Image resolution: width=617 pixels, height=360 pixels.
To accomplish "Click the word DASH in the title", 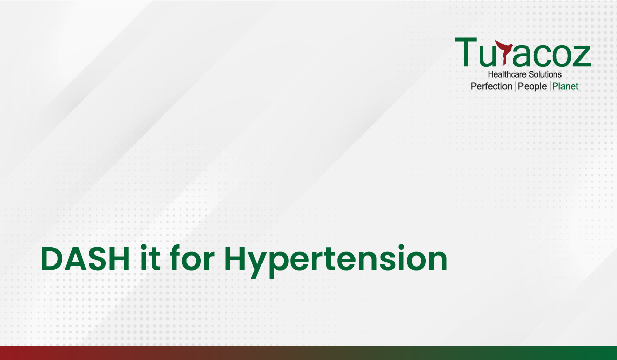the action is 85,259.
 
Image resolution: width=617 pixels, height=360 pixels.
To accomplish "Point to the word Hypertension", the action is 336,261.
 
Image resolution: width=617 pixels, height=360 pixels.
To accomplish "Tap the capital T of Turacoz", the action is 466,52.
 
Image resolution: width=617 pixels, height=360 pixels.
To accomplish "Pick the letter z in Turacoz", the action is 581,56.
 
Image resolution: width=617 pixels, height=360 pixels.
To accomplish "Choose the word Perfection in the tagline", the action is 492,86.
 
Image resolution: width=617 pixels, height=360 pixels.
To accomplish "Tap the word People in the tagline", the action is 532,86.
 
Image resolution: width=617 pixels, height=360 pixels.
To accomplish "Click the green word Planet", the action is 565,86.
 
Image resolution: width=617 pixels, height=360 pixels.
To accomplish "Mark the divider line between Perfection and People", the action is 515,86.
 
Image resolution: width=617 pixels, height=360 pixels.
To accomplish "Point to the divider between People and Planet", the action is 550,86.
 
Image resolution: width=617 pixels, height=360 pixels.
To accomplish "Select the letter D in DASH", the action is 53,259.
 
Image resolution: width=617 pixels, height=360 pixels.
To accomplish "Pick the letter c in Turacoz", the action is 537,56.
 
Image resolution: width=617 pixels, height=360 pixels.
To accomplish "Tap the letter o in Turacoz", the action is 558,56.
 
